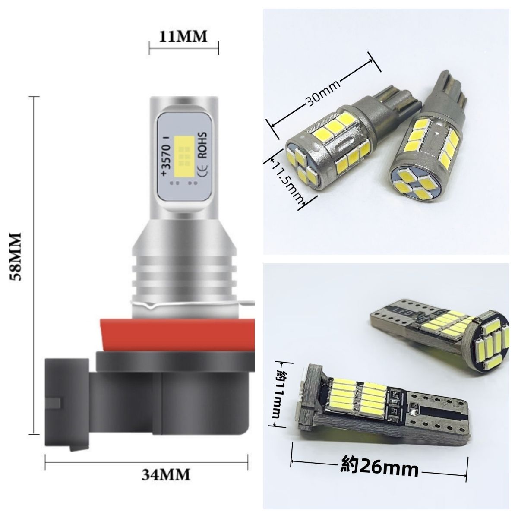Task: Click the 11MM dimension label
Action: click(x=183, y=37)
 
